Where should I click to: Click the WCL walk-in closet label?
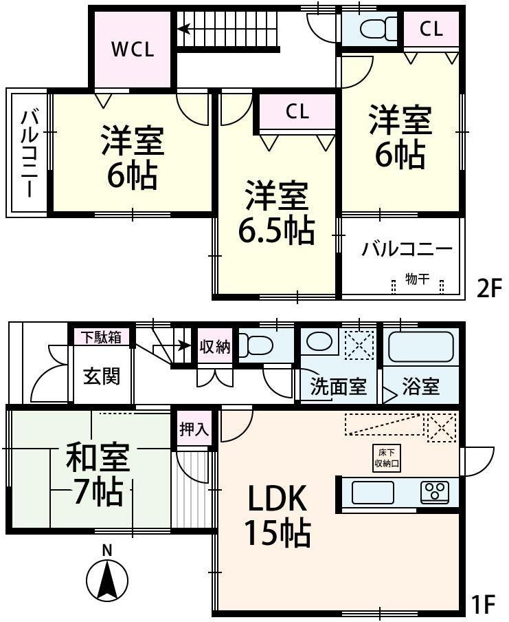point(133,50)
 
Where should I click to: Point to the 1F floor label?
point(484,605)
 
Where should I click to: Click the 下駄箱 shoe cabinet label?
point(102,337)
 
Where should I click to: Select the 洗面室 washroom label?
point(338,387)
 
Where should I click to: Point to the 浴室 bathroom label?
point(420,387)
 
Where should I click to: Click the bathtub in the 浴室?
point(420,347)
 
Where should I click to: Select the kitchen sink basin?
point(372,492)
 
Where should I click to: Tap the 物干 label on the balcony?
point(417,279)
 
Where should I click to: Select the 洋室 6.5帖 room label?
point(276,214)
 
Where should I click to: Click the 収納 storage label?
point(215,347)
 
